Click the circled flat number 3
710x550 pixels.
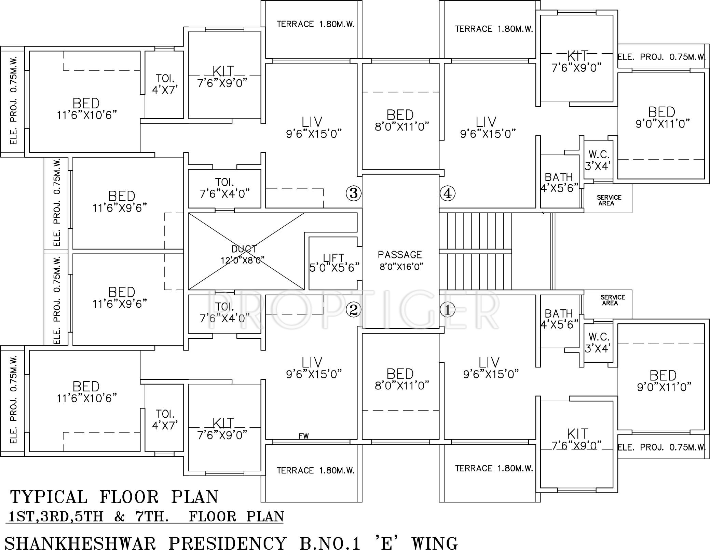pyautogui.click(x=354, y=193)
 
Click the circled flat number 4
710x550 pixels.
pyautogui.click(x=448, y=193)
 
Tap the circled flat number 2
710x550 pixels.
pyautogui.click(x=354, y=310)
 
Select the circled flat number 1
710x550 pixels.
pyautogui.click(x=448, y=310)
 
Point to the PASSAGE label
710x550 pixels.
pyautogui.click(x=400, y=255)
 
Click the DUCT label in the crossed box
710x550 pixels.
pyautogui.click(x=244, y=249)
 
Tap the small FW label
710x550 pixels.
pyautogui.click(x=303, y=436)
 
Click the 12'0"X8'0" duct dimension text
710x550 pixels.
pyautogui.click(x=243, y=260)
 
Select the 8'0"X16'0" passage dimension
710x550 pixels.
pyautogui.click(x=401, y=266)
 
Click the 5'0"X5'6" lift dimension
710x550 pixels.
pyautogui.click(x=334, y=267)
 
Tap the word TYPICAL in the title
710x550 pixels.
pyautogui.click(x=49, y=497)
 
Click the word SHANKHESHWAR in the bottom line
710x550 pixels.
pyautogui.click(x=81, y=543)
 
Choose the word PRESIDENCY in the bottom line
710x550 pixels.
pyautogui.click(x=228, y=543)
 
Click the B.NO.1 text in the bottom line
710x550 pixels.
pyautogui.click(x=330, y=543)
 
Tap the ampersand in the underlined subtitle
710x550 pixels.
pyautogui.click(x=119, y=517)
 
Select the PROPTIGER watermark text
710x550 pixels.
pyautogui.click(x=354, y=311)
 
